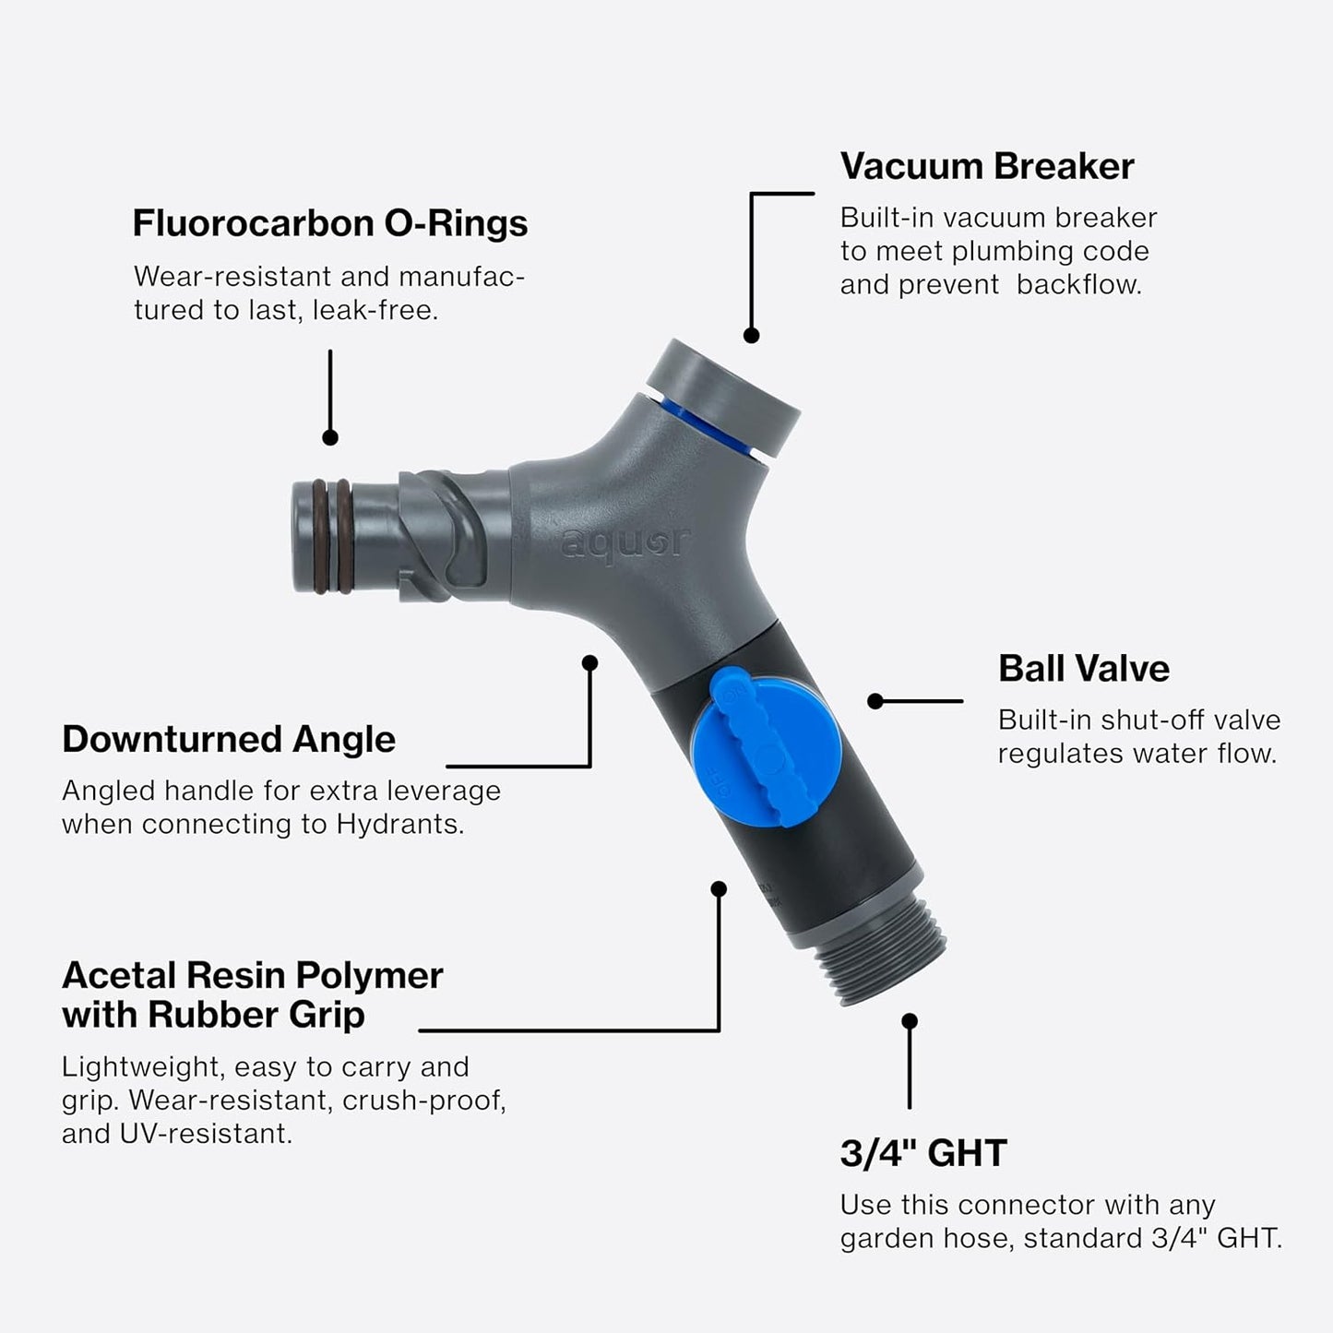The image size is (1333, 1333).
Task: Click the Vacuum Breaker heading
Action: coord(986,167)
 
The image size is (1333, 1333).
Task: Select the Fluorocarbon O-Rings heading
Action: coord(329,223)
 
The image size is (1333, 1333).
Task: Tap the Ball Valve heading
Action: coord(1083,669)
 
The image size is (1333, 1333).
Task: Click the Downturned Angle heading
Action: coord(228,740)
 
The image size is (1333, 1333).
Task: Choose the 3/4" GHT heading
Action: coord(922,1153)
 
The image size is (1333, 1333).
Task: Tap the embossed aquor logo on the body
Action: coord(625,542)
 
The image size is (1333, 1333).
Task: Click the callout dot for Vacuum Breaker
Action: coord(751,336)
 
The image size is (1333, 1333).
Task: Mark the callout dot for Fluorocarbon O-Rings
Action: coord(330,438)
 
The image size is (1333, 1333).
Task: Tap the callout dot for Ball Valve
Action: coord(875,702)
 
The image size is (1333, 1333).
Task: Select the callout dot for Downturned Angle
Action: coord(590,662)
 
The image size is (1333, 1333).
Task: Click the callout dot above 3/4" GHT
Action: coord(910,1021)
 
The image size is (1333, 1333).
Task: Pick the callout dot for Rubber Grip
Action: coord(719,888)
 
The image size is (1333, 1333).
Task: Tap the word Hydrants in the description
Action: coord(399,825)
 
